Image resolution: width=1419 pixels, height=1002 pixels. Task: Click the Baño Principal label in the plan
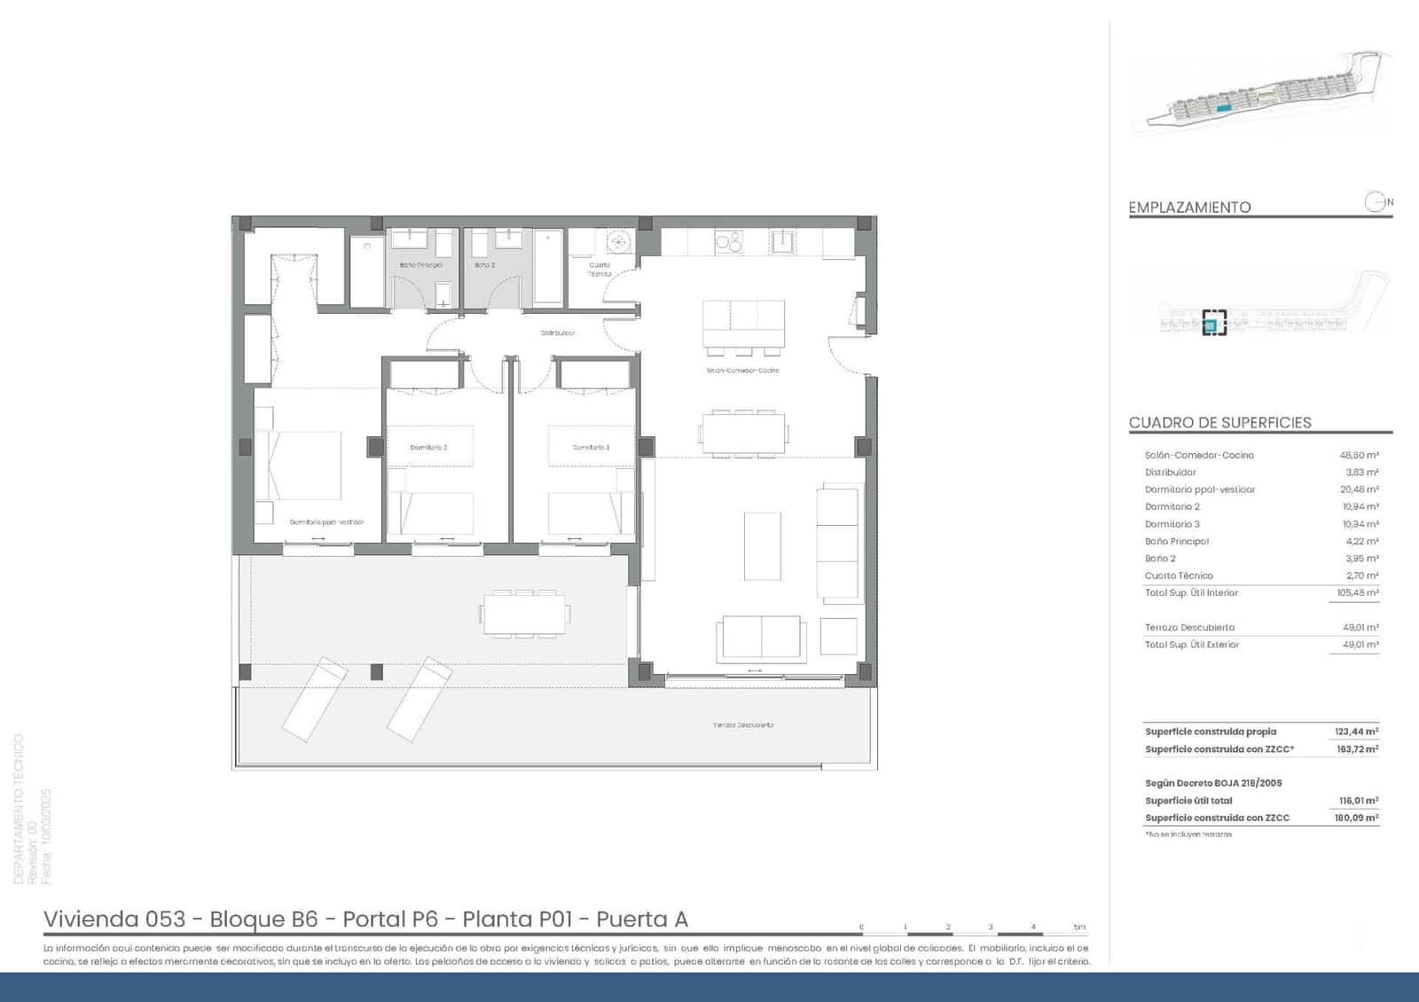tap(420, 265)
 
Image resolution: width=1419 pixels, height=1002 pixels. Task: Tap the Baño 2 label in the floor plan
tap(484, 265)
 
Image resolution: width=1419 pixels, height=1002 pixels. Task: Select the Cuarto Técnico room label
tap(600, 269)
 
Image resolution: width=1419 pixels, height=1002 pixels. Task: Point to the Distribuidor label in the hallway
tap(558, 333)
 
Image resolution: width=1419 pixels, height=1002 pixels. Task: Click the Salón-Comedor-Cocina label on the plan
tap(742, 370)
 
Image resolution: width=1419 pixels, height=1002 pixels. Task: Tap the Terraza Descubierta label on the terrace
tap(742, 724)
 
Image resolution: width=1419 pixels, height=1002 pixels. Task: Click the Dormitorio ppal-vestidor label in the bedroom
tap(326, 522)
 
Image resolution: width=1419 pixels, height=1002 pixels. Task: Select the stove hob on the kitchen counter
tap(728, 240)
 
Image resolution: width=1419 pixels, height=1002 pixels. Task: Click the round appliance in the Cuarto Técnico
tap(619, 240)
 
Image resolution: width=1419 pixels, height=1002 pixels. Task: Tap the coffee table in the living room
tap(762, 545)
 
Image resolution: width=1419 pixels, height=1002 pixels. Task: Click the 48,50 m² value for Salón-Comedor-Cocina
tap(1358, 455)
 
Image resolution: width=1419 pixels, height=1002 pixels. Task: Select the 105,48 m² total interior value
tap(1357, 592)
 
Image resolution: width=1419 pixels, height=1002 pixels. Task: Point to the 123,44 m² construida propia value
tap(1356, 732)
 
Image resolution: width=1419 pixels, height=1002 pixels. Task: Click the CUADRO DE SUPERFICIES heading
tap(1219, 423)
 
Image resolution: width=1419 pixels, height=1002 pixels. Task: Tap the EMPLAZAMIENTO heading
tap(1189, 207)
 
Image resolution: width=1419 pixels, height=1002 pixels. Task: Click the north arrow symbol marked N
tap(1376, 202)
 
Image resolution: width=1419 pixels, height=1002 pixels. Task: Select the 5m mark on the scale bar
tap(1078, 928)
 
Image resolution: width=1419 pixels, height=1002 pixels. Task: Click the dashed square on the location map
tap(1213, 322)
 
